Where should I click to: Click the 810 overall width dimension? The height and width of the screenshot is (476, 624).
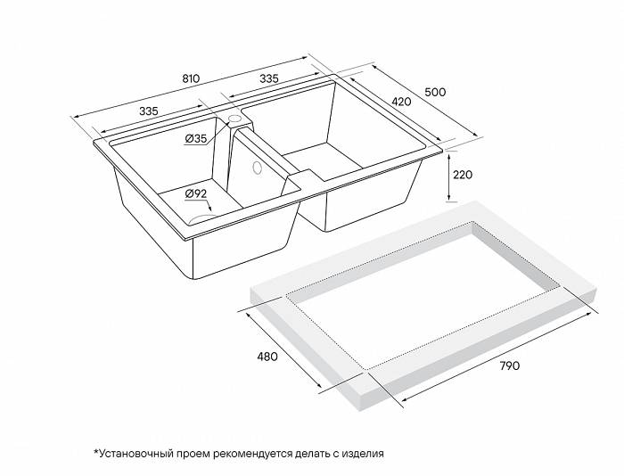tap(190, 78)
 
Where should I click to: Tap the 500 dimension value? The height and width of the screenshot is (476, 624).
tap(434, 92)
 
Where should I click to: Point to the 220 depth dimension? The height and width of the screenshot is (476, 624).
tap(462, 175)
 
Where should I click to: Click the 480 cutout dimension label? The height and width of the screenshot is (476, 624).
tap(267, 357)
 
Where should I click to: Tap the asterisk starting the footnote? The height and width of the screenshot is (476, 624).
tap(94, 452)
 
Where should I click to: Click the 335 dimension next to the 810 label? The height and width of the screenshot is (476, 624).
tap(268, 78)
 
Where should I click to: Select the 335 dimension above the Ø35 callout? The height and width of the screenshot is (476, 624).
tap(148, 111)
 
